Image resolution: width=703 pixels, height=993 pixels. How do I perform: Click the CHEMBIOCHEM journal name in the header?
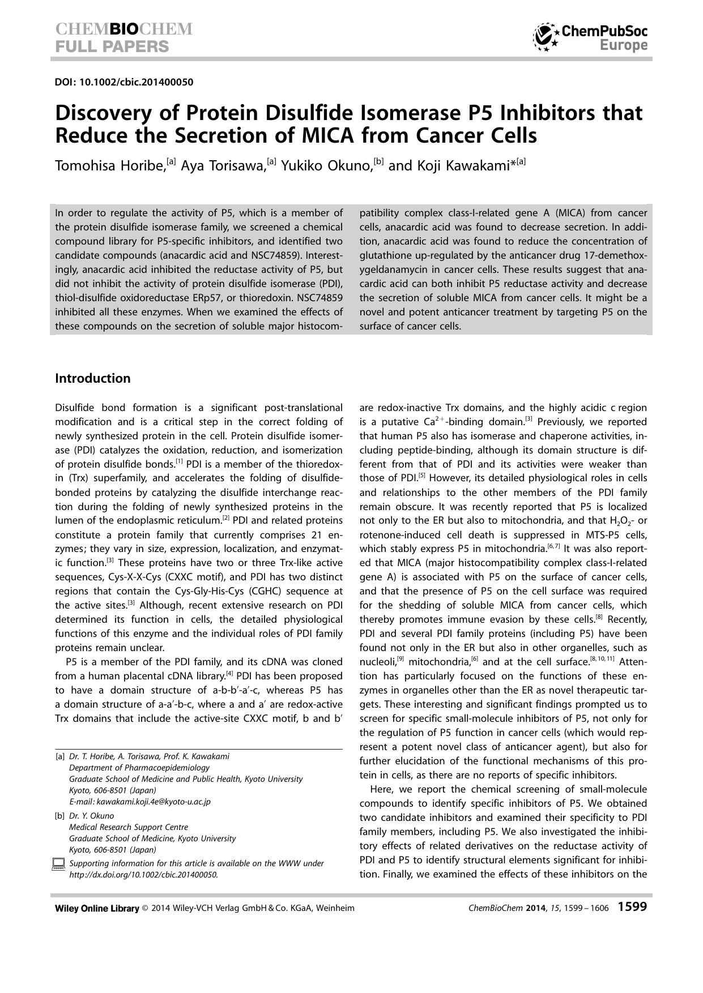click(x=123, y=29)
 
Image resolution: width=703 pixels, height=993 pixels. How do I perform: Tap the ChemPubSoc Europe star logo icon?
click(x=546, y=37)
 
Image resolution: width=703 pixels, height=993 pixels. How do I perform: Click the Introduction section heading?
click(x=92, y=378)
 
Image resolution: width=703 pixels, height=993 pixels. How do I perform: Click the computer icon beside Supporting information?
click(x=58, y=864)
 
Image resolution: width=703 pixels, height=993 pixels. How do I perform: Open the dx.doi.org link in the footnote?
click(x=143, y=874)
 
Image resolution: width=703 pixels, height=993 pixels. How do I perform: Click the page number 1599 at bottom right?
click(x=632, y=907)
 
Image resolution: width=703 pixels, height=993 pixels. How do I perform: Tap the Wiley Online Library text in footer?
click(x=97, y=908)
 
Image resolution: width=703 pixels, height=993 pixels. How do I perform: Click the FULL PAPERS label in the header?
click(x=112, y=46)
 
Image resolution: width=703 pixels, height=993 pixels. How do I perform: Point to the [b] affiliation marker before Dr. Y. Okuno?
click(x=59, y=816)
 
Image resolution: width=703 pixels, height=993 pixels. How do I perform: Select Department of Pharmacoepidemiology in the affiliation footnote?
click(x=139, y=768)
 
